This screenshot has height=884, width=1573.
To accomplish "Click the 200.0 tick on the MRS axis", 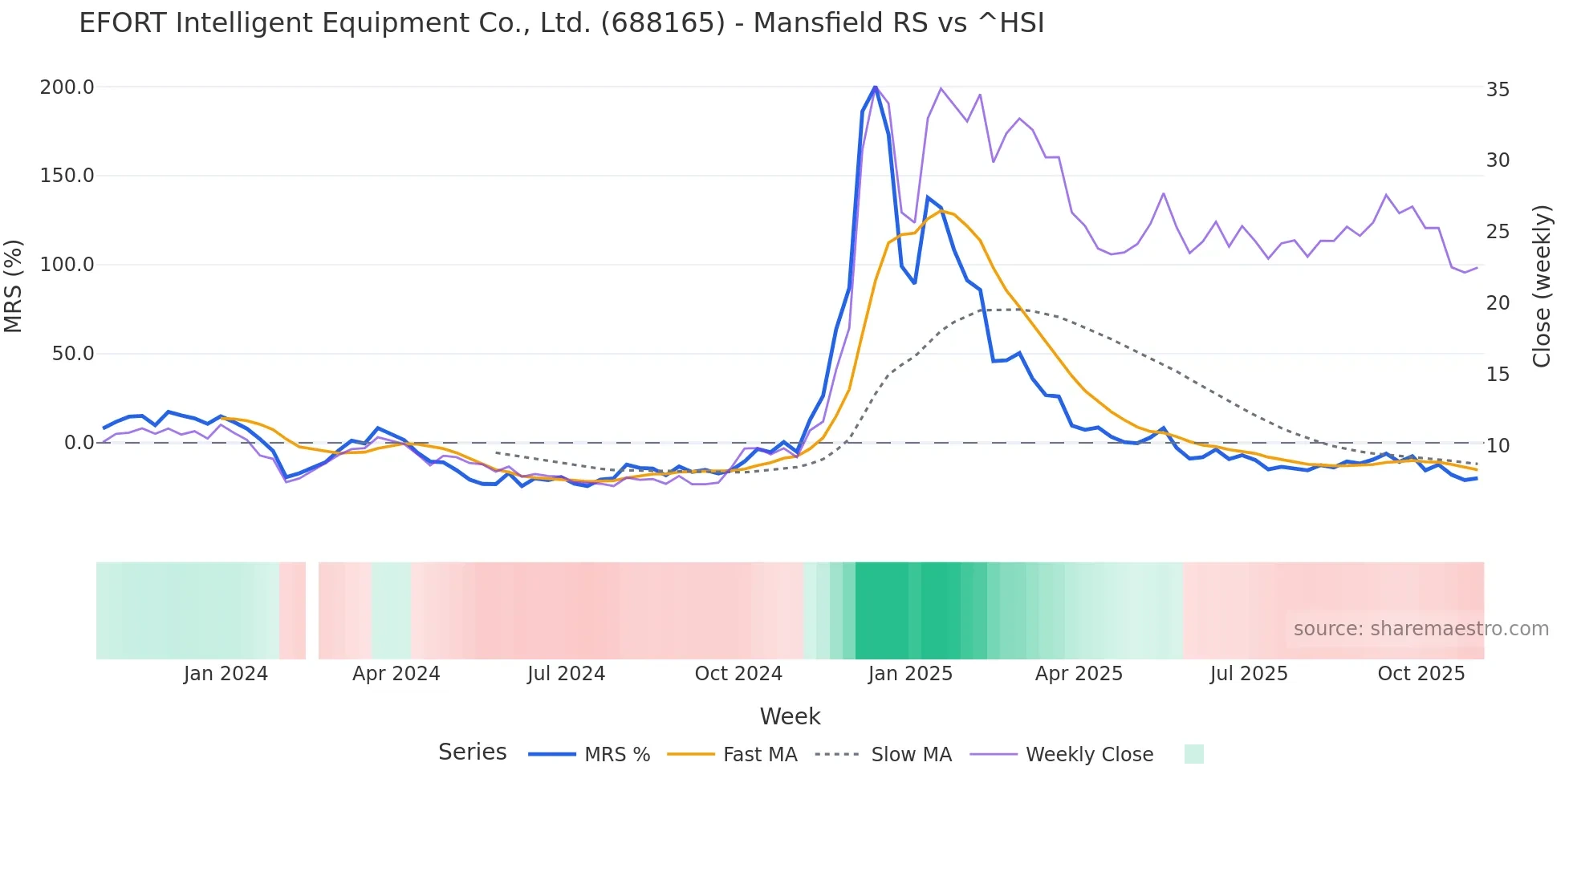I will click(x=67, y=87).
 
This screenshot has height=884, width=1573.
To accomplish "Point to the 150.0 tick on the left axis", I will click(x=67, y=176).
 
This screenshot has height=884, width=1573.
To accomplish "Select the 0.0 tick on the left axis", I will click(x=79, y=443).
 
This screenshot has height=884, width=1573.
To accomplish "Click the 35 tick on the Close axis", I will click(x=1498, y=90).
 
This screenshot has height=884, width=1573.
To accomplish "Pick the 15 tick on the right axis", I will click(x=1498, y=375).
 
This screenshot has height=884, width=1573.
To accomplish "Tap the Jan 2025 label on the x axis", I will click(x=909, y=674).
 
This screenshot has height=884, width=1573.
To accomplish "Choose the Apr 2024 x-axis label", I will click(x=396, y=674).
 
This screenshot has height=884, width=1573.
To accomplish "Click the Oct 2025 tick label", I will click(x=1421, y=674).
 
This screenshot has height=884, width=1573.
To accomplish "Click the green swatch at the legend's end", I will click(x=1193, y=754).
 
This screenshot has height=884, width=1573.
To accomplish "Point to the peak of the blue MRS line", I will click(x=875, y=86).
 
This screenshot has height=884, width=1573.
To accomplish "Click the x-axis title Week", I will click(x=790, y=716).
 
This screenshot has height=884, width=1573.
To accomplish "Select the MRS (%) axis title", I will click(x=14, y=286).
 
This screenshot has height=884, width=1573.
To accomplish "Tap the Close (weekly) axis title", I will click(x=1542, y=286).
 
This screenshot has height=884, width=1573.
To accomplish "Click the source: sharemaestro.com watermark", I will click(x=1421, y=629).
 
